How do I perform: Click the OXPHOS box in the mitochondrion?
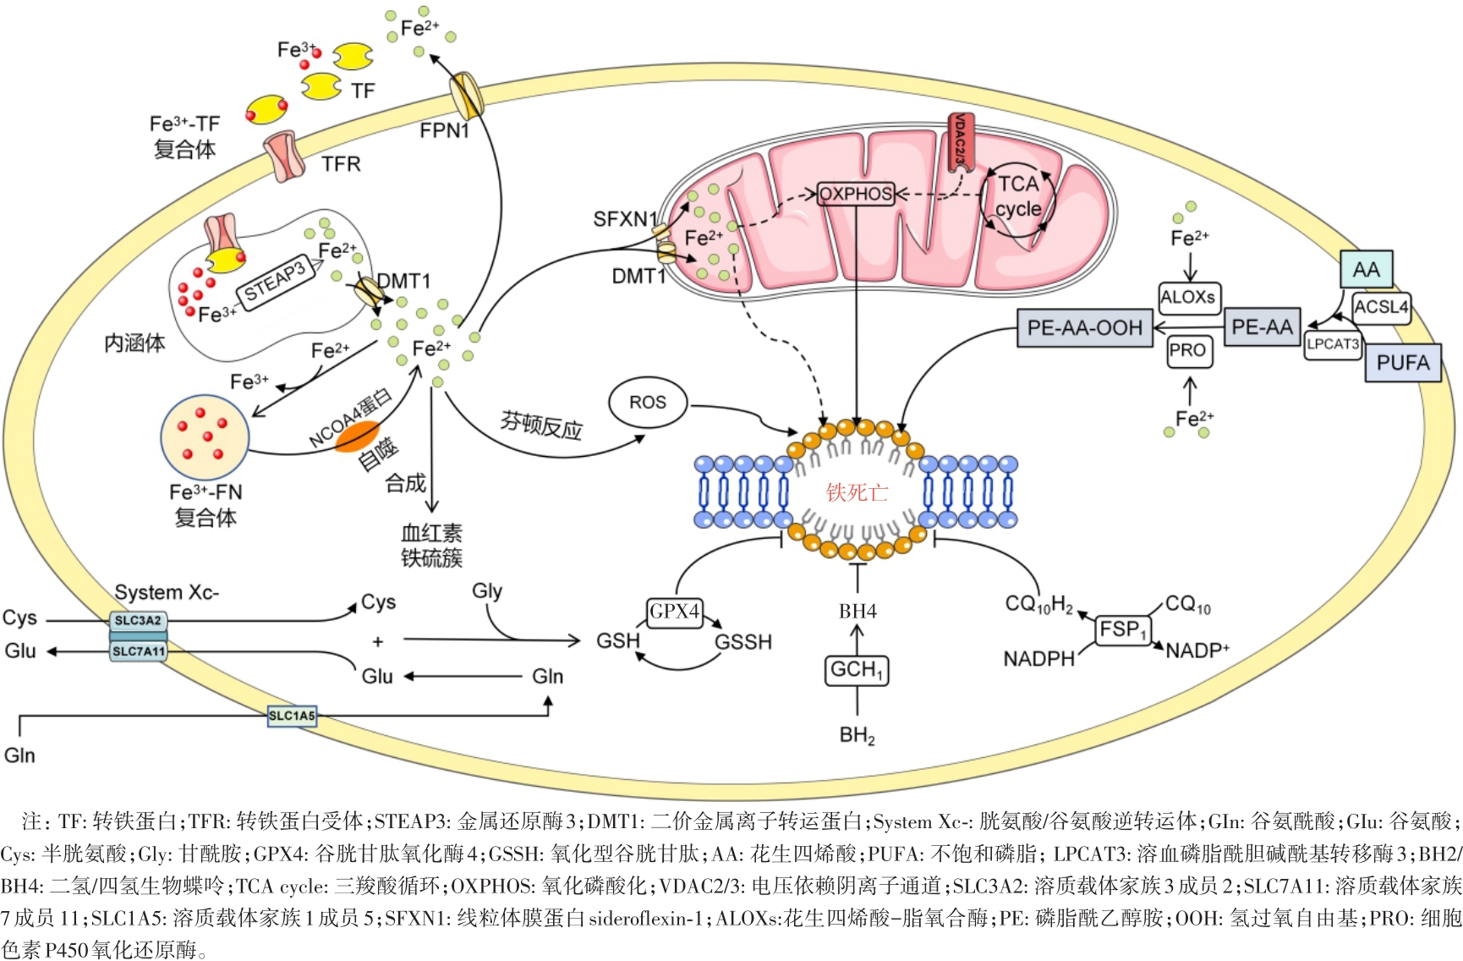[856, 194]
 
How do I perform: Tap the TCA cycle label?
[1018, 196]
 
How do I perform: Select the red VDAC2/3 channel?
[960, 141]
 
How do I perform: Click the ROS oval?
[647, 403]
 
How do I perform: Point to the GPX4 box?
[674, 611]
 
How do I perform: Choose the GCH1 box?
[857, 670]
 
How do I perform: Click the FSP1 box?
[1122, 629]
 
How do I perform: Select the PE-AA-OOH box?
[1085, 327]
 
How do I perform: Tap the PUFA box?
[1403, 363]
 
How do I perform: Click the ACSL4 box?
[1381, 307]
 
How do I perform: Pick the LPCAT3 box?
[1333, 344]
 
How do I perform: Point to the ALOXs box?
[1188, 298]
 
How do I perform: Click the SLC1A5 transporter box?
[292, 717]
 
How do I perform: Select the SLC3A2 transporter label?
[138, 621]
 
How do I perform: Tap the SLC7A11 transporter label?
[139, 651]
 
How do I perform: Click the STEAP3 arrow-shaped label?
[277, 282]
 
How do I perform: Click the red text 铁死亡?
[857, 492]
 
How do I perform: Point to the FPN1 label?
[444, 130]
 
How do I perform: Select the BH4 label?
[858, 612]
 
